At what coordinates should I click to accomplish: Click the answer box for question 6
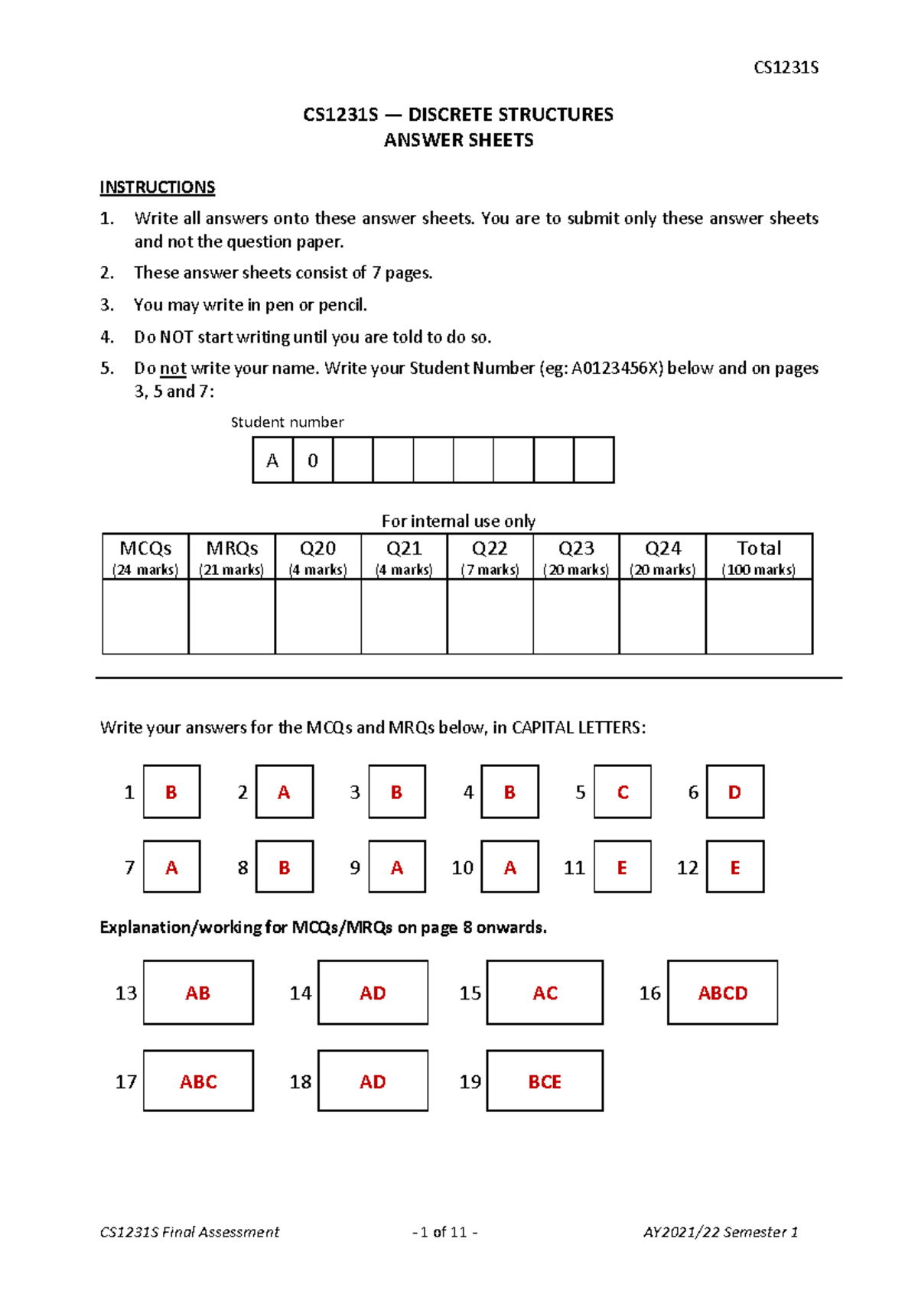point(734,792)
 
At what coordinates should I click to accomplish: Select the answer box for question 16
point(722,993)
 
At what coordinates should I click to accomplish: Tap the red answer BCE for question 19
point(545,1081)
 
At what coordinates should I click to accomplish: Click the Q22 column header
point(490,557)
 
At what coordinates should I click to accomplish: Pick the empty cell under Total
point(759,616)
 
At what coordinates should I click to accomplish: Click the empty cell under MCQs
point(145,616)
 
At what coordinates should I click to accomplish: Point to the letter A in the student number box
point(272,460)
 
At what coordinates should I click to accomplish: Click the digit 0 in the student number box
point(313,460)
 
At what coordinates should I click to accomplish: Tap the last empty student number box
point(594,460)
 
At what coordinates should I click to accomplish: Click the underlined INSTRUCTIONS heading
point(157,187)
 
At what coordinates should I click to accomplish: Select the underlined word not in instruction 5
point(173,369)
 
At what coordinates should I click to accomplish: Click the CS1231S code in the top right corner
point(786,67)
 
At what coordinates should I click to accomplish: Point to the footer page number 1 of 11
point(444,1232)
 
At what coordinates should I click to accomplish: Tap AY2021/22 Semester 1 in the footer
point(720,1232)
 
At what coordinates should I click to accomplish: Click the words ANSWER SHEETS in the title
point(458,140)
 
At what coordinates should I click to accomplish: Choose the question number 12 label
point(687,867)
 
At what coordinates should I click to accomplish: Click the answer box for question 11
point(622,867)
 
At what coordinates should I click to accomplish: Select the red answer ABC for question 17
point(198,1081)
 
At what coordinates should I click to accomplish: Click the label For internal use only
point(458,521)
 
